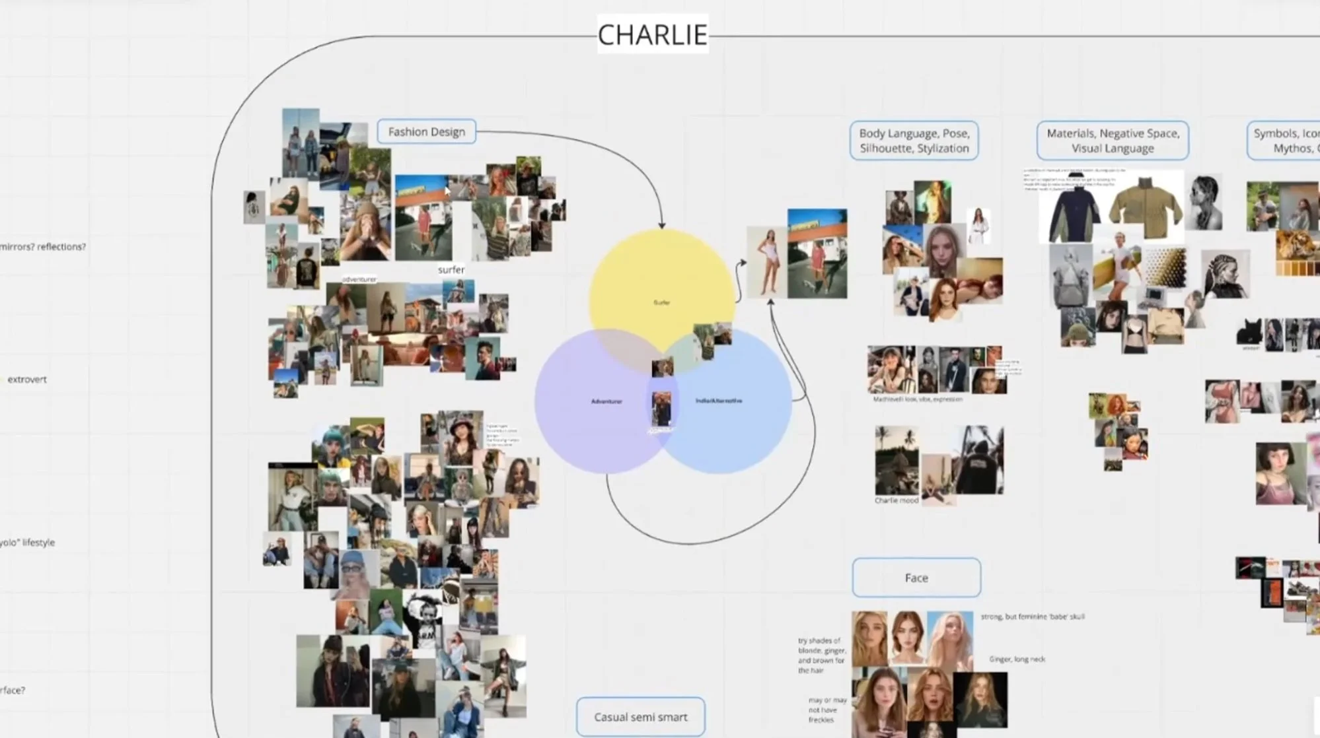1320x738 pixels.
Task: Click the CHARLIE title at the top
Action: [x=652, y=34]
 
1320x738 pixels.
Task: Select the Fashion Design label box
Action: [x=426, y=131]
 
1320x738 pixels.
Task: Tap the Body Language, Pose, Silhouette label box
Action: [x=914, y=141]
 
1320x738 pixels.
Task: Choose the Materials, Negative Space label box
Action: [x=1113, y=141]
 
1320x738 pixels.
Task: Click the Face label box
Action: [x=916, y=578]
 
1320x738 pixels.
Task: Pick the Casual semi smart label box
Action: [x=640, y=717]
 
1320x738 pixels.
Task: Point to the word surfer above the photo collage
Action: [x=451, y=269]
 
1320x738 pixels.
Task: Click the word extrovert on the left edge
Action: [x=27, y=380]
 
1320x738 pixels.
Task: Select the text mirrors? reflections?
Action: [x=43, y=247]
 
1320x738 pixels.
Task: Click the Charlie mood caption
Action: [x=897, y=500]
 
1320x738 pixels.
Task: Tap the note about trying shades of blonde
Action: [x=821, y=655]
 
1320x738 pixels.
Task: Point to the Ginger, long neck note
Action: [x=1017, y=659]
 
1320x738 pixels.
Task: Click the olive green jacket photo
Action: [x=1145, y=207]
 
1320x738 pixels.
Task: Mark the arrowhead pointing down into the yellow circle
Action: [x=662, y=224]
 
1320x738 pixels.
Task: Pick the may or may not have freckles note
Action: [x=826, y=710]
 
